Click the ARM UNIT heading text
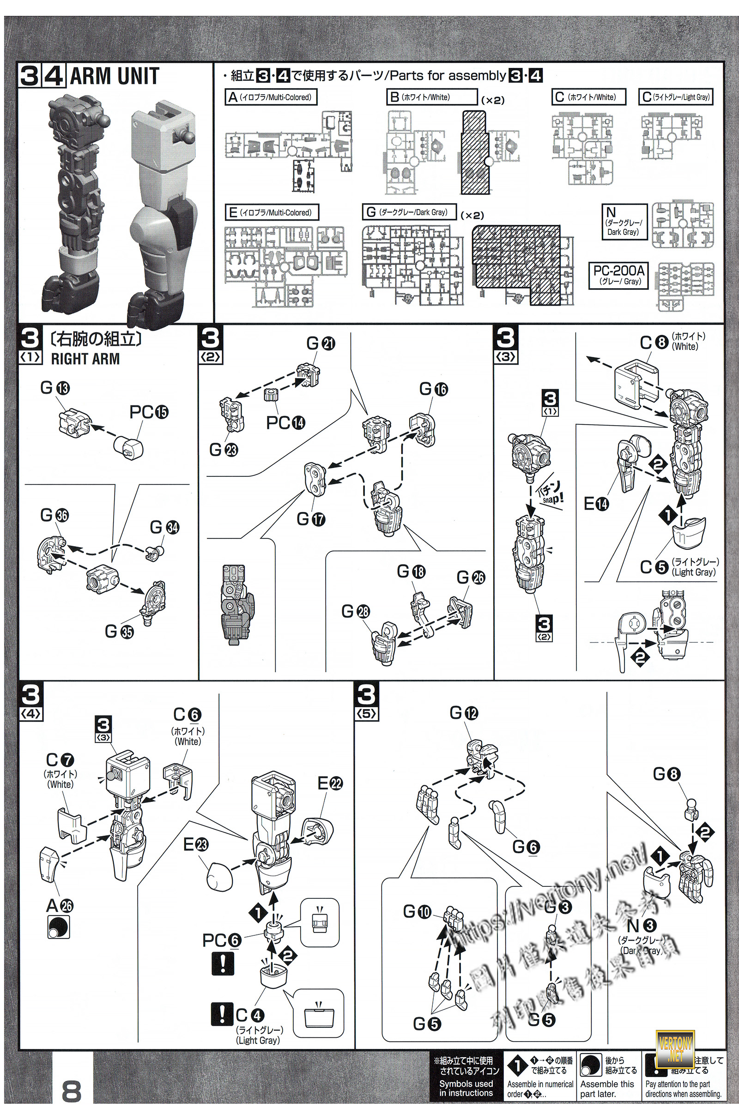[x=115, y=76]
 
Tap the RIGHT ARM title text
[x=85, y=359]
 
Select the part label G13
[x=55, y=388]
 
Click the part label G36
[x=55, y=515]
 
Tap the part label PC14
[x=285, y=422]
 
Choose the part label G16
[x=434, y=389]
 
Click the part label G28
[x=356, y=611]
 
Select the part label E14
[x=596, y=504]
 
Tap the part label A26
[x=60, y=905]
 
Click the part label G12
[x=464, y=713]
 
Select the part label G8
[x=667, y=774]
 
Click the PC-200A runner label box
[x=619, y=275]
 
